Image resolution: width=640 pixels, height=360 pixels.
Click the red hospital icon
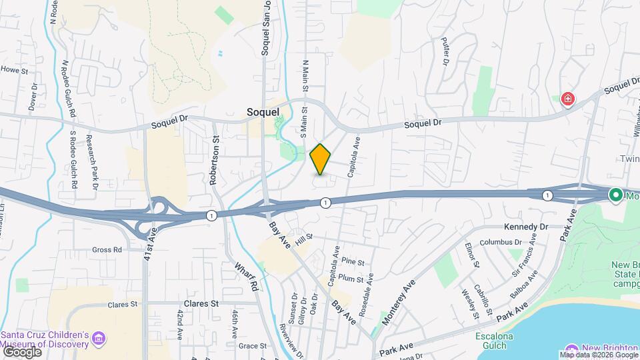click(x=568, y=100)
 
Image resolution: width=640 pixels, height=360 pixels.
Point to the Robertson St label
click(x=215, y=161)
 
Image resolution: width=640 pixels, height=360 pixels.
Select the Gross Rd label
click(x=107, y=250)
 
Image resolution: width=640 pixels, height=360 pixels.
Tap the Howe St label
click(x=14, y=69)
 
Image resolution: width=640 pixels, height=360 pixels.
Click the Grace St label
click(x=253, y=346)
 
